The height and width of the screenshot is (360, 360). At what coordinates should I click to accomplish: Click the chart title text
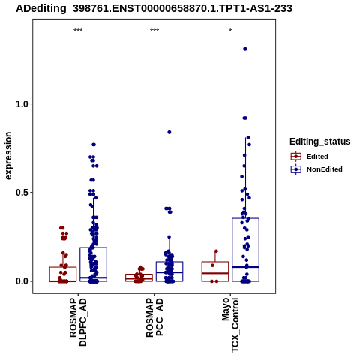pos(154,9)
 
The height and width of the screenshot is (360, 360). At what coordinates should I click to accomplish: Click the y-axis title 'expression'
pos(8,156)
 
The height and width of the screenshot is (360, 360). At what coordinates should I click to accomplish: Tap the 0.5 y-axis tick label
pos(22,193)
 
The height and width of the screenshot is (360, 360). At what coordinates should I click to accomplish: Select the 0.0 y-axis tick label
pos(22,281)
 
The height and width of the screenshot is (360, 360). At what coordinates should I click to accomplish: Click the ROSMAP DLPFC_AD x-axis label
pos(78,322)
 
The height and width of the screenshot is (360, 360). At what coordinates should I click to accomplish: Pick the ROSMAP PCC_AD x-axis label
pos(154,317)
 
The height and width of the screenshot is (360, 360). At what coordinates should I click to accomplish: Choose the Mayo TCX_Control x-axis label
pos(230,325)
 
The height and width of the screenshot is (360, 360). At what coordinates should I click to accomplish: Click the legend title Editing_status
pos(320,142)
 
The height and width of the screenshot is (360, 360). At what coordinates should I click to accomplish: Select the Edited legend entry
pos(310,157)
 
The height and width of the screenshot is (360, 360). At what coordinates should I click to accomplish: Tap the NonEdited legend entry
pos(316,169)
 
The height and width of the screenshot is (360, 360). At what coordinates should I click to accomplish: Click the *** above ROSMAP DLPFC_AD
pos(78,31)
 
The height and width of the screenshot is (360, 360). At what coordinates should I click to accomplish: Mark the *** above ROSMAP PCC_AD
pos(154,31)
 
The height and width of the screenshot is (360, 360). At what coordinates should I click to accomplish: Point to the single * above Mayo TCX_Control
pos(230,31)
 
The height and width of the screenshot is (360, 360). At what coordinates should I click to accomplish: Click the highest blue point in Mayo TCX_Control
pos(245,49)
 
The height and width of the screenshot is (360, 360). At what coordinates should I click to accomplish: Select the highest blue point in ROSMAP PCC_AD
pos(169,132)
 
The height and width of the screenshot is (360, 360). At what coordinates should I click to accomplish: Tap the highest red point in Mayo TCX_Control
pos(217,251)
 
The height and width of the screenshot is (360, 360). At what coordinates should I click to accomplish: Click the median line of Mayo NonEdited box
pos(245,267)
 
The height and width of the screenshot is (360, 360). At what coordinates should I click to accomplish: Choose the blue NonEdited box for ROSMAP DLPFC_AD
pos(94,247)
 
